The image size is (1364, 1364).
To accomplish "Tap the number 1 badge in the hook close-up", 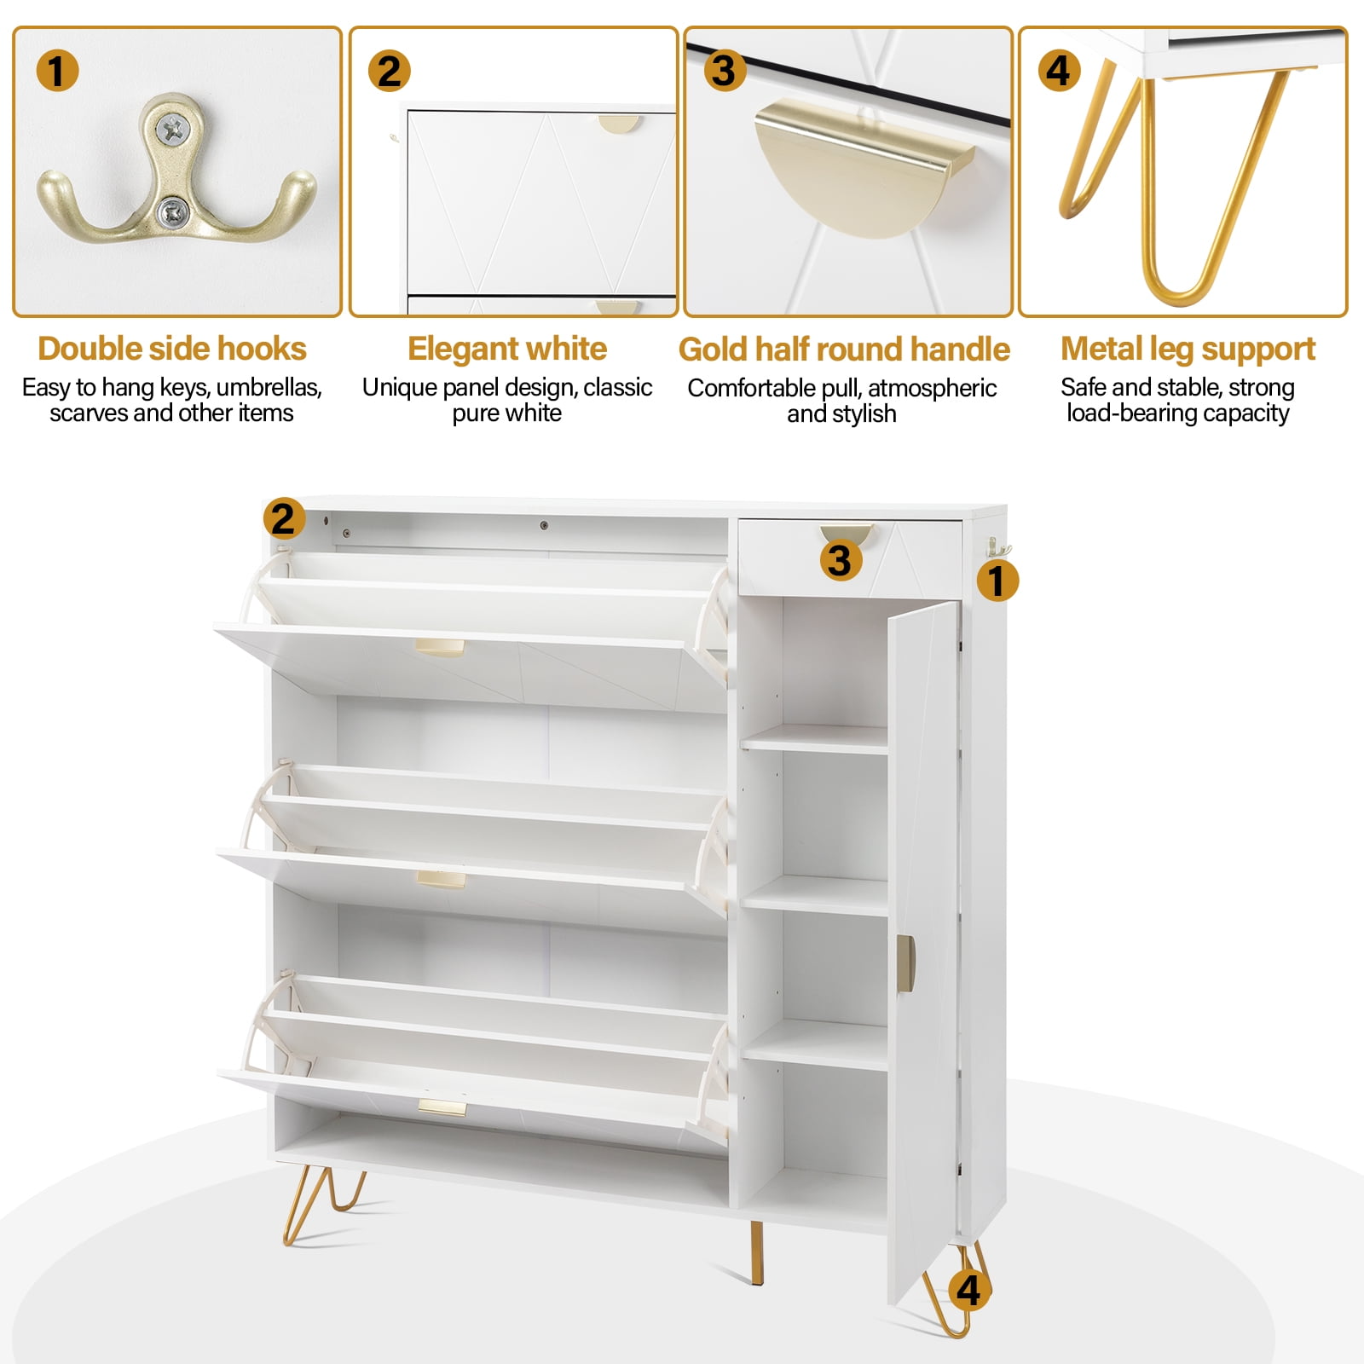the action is tap(57, 71).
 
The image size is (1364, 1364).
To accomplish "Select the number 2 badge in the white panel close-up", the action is tap(390, 71).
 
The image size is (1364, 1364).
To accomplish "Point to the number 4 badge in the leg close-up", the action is tap(1058, 71).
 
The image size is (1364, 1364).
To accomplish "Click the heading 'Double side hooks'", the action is tap(172, 349).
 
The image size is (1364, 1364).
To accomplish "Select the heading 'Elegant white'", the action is tap(507, 349).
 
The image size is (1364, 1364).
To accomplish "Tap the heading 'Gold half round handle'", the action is tap(844, 350).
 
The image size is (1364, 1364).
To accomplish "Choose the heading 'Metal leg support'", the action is tap(1188, 350).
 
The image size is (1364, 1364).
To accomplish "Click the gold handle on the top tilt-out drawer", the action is tap(440, 648).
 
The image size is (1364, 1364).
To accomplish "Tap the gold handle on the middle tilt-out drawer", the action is tap(442, 880).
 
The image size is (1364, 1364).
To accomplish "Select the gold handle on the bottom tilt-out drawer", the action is tap(442, 1108).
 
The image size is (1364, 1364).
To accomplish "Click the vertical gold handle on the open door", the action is tap(905, 963).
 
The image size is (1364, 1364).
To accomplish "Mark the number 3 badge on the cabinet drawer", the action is tap(840, 560).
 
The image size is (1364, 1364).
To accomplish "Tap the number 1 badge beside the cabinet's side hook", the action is tap(996, 581).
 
